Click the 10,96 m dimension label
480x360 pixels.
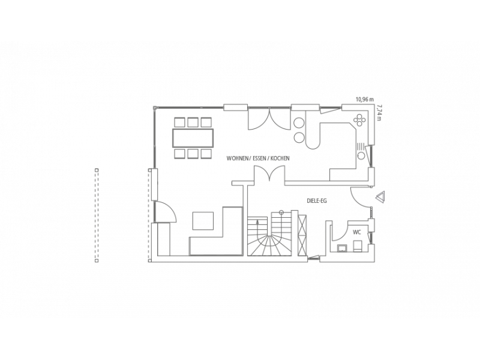(x=365, y=99)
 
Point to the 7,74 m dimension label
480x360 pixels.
(x=380, y=112)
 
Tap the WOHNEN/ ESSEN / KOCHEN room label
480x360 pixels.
(x=258, y=158)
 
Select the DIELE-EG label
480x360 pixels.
(x=317, y=201)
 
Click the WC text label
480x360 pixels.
(x=357, y=232)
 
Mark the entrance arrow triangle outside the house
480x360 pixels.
(x=380, y=197)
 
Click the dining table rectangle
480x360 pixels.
(x=193, y=138)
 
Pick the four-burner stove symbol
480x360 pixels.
(x=359, y=120)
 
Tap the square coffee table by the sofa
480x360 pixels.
(x=203, y=220)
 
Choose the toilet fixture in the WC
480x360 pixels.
(x=357, y=246)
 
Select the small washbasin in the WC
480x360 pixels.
(x=341, y=248)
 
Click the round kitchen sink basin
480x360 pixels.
(x=361, y=155)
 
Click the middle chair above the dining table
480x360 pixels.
(x=193, y=122)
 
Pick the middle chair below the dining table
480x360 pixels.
(x=193, y=154)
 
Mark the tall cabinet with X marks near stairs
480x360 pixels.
(x=302, y=235)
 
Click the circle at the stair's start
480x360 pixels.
(x=281, y=212)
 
